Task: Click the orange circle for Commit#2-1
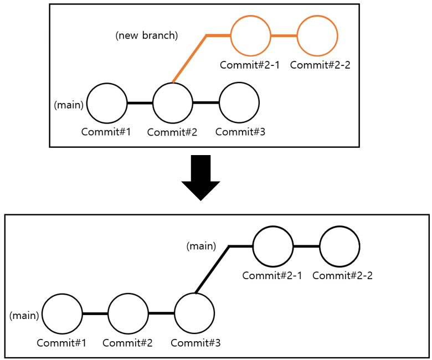(x=250, y=36)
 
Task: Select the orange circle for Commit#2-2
(x=317, y=36)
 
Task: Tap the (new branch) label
(x=147, y=35)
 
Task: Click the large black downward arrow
(x=200, y=177)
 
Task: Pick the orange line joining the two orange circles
(x=284, y=36)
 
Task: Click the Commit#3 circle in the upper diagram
(x=239, y=103)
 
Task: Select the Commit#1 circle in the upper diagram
(x=107, y=103)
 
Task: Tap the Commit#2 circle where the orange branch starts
(x=172, y=103)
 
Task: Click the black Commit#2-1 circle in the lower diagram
(x=273, y=246)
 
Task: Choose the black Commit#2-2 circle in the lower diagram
(x=340, y=246)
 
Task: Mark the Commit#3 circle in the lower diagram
(x=194, y=313)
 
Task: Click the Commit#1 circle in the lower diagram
(x=62, y=313)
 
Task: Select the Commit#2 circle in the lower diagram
(x=128, y=313)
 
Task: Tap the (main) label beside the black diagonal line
(x=200, y=246)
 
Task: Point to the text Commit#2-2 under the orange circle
(x=320, y=65)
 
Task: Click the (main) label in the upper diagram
(x=69, y=105)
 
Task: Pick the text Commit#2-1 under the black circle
(x=272, y=275)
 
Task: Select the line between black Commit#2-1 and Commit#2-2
(x=306, y=246)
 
